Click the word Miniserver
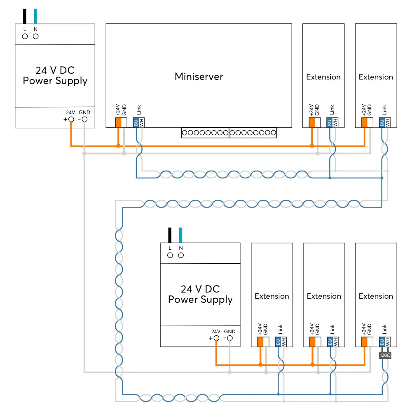tap(199, 76)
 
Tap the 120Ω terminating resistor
tap(385, 355)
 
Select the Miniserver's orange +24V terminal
tap(118, 122)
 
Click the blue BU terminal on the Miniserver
tap(136, 122)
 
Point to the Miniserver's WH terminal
tap(141, 122)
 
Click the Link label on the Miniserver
tap(139, 110)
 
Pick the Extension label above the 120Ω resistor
tap(376, 296)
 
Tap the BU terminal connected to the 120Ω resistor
tap(382, 342)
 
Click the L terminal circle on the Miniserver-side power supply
tap(25, 36)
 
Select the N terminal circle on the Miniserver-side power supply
tap(36, 36)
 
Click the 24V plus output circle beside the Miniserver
tap(71, 119)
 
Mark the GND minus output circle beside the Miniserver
tap(84, 119)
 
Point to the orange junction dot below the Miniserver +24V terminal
tap(118, 146)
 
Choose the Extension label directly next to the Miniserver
tap(323, 77)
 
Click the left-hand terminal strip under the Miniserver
tap(205, 133)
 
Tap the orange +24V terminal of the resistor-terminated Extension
tap(364, 342)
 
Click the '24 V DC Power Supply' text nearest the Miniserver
tap(55, 75)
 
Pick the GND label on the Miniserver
tap(124, 110)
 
